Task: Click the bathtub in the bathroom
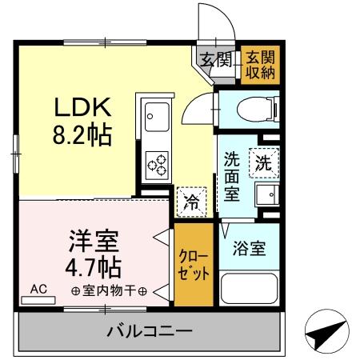(x=247, y=292)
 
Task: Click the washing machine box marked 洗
(x=262, y=162)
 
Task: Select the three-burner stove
(x=156, y=164)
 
